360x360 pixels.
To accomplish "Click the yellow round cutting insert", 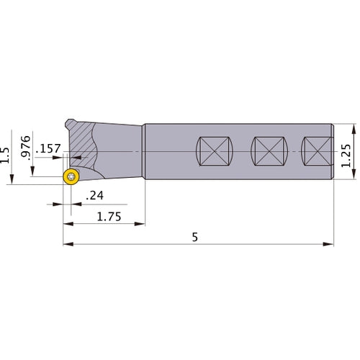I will (71, 177).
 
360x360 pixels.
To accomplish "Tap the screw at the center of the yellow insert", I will (71, 177).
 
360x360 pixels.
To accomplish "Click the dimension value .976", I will (27, 146).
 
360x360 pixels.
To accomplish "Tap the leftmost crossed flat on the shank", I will (214, 153).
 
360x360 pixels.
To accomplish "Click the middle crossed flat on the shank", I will (269, 153).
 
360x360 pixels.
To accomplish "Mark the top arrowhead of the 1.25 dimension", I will (354, 128).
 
